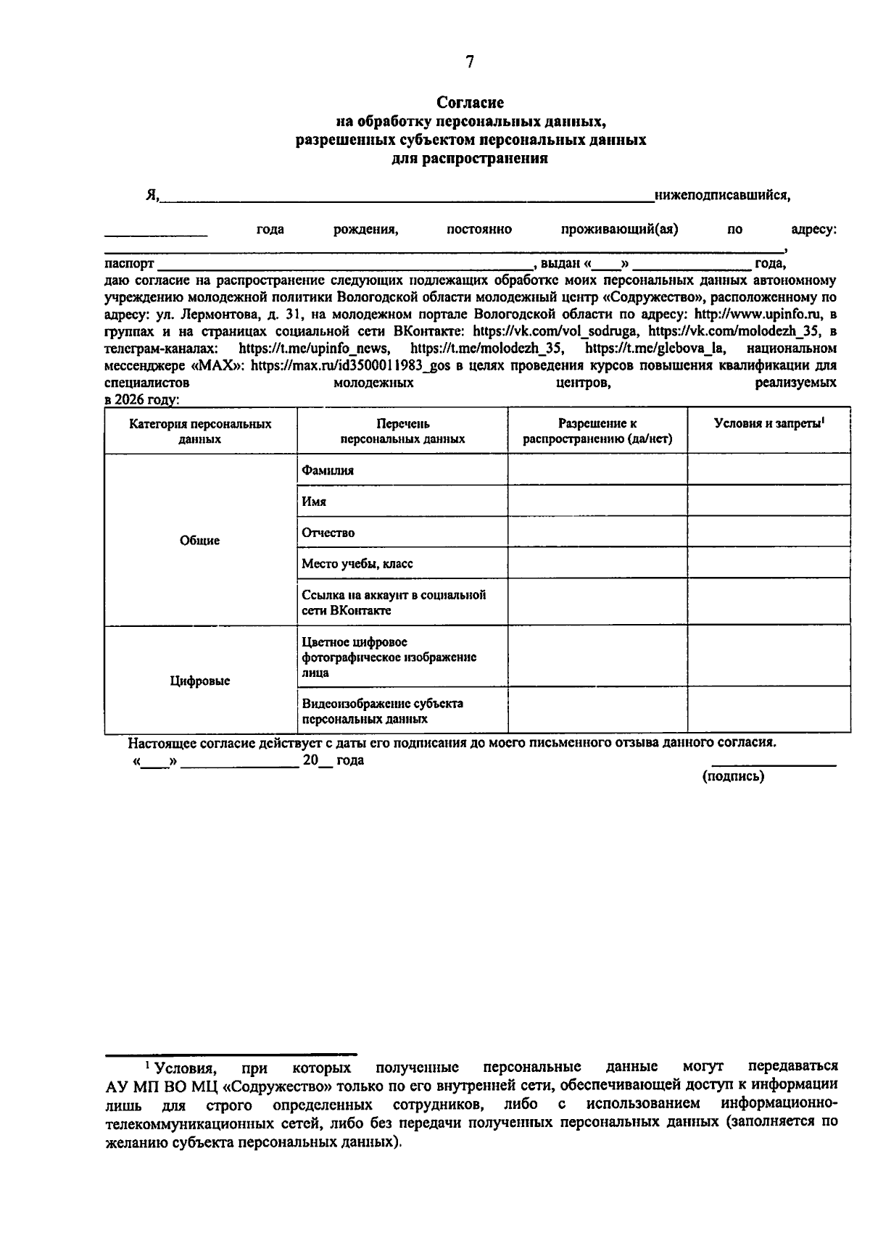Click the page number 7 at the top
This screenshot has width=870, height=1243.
point(469,62)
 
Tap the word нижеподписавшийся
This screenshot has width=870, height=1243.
point(721,195)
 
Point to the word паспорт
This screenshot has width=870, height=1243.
point(129,264)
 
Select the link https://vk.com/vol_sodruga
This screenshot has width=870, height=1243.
point(555,331)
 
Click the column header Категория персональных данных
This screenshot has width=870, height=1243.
point(200,431)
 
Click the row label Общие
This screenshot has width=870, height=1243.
point(200,541)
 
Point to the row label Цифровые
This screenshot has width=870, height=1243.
point(200,681)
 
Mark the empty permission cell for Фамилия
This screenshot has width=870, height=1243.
point(597,470)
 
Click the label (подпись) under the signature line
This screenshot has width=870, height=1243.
point(733,776)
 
